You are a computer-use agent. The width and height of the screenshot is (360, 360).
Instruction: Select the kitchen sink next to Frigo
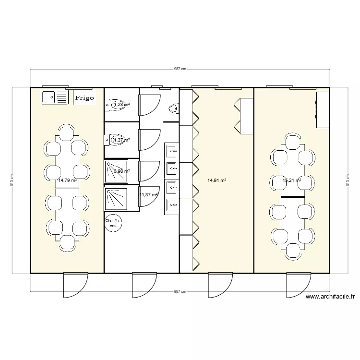click(x=55, y=97)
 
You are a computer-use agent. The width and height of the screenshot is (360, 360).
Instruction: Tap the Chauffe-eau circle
click(x=114, y=221)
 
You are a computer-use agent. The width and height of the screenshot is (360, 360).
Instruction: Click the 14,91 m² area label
click(x=216, y=180)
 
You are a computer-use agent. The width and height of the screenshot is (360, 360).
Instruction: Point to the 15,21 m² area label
click(x=291, y=180)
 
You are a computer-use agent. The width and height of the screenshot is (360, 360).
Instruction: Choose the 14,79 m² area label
click(x=67, y=180)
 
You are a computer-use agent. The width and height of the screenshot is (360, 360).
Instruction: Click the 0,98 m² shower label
click(x=121, y=171)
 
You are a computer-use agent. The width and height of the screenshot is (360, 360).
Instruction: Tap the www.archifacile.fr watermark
click(x=332, y=297)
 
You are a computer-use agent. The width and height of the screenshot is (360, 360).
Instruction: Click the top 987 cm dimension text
click(x=180, y=69)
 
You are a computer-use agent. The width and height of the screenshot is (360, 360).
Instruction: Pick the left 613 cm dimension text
click(x=12, y=180)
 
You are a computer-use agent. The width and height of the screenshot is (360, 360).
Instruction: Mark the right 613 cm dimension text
click(x=348, y=180)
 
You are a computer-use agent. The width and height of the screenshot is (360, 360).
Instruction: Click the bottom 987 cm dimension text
click(x=180, y=291)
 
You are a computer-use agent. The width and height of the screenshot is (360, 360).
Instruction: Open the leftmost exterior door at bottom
click(x=75, y=286)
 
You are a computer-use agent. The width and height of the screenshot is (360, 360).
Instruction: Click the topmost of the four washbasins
click(x=171, y=151)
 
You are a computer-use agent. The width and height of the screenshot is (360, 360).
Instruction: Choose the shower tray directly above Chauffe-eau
click(x=115, y=197)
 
